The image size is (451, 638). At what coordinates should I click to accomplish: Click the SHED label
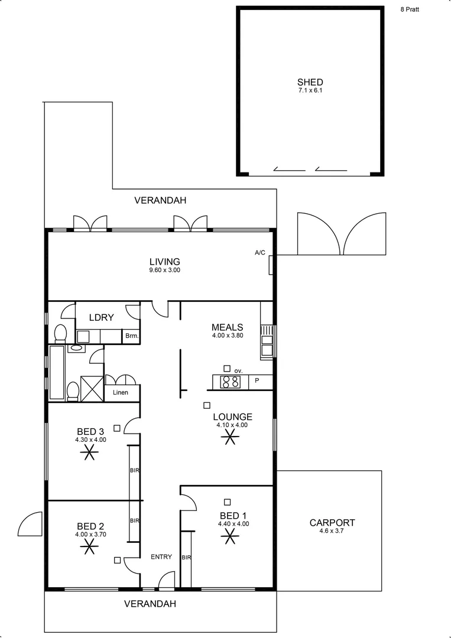tap(310, 83)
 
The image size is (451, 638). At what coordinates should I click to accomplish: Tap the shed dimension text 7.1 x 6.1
tap(310, 91)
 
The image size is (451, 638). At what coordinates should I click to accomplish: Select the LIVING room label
tap(164, 262)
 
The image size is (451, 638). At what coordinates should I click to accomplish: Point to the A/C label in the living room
tap(260, 253)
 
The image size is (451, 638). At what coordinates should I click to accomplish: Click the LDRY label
tap(101, 317)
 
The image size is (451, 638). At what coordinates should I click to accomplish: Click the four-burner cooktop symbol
tap(230, 382)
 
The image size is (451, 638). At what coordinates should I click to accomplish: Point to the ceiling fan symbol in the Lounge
tap(229, 437)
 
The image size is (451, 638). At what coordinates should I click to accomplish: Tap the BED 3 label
tap(90, 431)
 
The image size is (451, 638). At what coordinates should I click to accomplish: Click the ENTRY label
tap(161, 556)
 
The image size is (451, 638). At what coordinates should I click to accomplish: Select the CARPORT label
tap(332, 522)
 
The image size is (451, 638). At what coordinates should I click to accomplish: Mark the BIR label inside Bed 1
tap(186, 557)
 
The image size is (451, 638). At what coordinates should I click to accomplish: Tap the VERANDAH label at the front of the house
tap(151, 604)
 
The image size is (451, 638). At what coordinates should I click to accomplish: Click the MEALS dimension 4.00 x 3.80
tap(228, 336)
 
